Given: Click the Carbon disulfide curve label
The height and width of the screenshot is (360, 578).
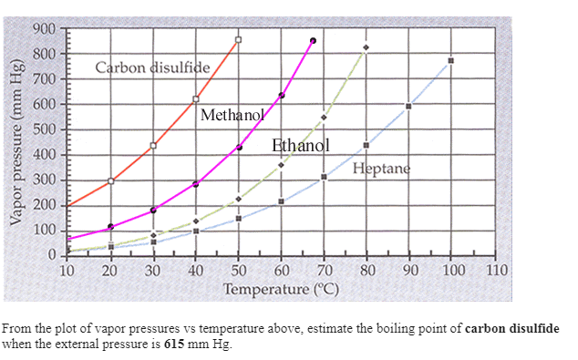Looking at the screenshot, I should (152, 68).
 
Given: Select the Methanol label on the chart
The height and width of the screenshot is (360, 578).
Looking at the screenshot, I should (232, 115).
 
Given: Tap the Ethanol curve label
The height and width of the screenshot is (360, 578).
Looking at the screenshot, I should (300, 145).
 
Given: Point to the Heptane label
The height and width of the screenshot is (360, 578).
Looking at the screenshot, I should (381, 169).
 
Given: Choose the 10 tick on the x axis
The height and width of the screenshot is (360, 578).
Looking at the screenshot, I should (67, 270).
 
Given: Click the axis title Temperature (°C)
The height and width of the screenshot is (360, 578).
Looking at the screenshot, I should (281, 290).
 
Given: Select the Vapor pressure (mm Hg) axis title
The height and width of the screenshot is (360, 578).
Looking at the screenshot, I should (15, 147).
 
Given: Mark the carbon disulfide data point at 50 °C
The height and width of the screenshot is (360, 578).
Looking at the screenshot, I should (238, 39).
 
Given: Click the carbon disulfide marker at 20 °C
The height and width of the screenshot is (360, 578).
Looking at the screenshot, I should (110, 180).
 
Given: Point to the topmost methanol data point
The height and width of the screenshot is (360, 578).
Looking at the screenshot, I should (313, 40).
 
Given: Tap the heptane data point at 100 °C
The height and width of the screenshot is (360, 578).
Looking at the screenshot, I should (450, 61).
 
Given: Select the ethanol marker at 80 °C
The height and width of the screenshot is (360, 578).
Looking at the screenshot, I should (366, 47).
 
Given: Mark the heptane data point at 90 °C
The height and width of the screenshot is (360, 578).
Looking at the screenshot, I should (408, 107).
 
